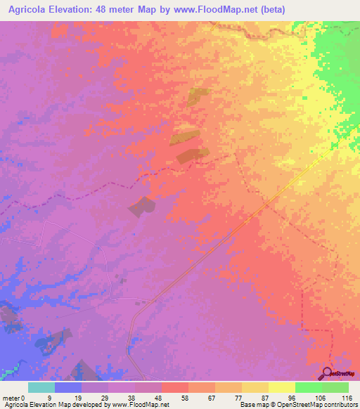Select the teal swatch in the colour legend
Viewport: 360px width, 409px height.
click(x=41, y=387)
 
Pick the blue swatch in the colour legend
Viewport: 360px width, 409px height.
click(x=67, y=387)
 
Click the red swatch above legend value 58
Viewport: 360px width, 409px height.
click(x=174, y=387)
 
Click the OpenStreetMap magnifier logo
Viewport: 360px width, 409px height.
click(x=328, y=374)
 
